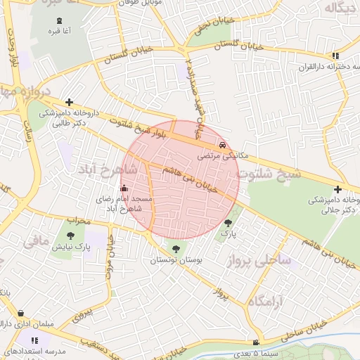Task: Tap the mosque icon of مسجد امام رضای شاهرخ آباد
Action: pyautogui.click(x=124, y=188)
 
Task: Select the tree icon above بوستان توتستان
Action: pyautogui.click(x=175, y=248)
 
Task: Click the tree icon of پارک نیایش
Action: pyautogui.click(x=70, y=236)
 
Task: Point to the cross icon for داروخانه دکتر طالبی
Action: pyautogui.click(x=68, y=102)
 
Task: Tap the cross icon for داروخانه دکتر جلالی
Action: pyautogui.click(x=338, y=189)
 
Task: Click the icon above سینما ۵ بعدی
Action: pyautogui.click(x=256, y=342)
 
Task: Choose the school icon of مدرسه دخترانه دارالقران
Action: pyautogui.click(x=336, y=55)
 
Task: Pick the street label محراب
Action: pyautogui.click(x=78, y=220)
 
